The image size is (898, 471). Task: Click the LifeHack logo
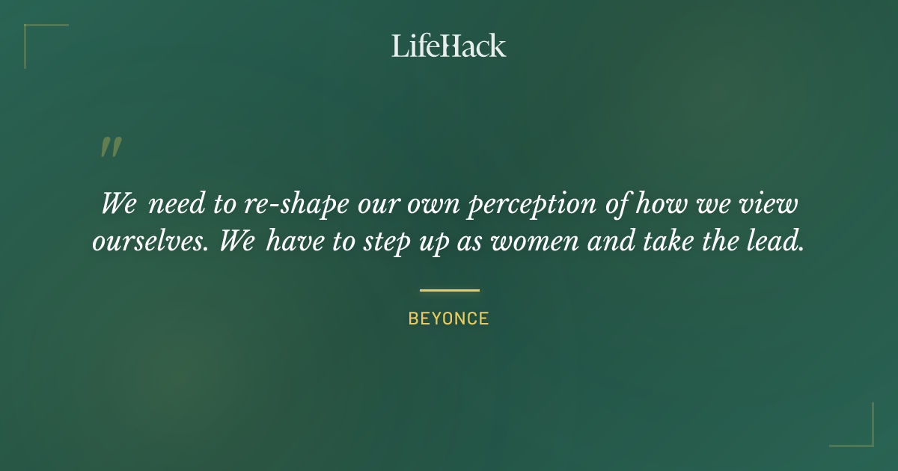tap(449, 46)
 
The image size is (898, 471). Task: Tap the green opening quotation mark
tap(111, 147)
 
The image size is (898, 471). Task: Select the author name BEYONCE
tap(448, 318)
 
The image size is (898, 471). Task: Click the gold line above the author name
tap(449, 290)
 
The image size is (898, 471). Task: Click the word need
tap(174, 205)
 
